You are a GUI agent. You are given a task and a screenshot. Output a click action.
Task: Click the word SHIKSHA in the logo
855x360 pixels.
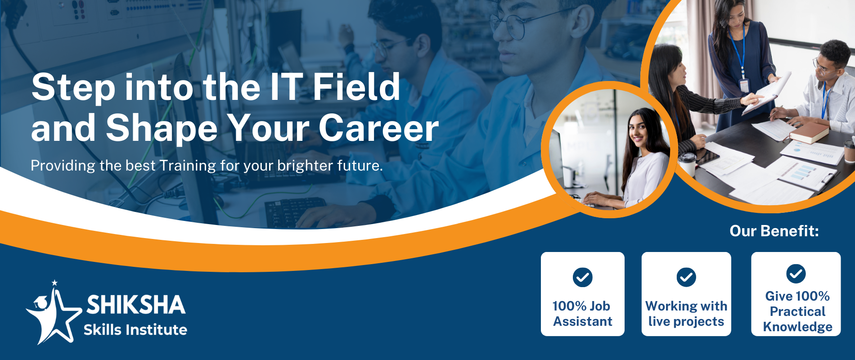point(136,305)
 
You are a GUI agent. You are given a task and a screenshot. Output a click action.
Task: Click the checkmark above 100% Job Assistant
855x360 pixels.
point(583,277)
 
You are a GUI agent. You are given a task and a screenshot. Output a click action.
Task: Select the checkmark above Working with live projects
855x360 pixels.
point(686,277)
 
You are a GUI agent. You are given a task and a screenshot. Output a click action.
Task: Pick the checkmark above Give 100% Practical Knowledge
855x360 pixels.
point(796,274)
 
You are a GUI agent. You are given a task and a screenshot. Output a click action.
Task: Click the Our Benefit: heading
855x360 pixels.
point(774,231)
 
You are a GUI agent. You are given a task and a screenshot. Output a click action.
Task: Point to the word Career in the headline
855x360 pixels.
point(378,128)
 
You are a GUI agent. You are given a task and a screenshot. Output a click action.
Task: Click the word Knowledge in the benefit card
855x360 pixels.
point(797,327)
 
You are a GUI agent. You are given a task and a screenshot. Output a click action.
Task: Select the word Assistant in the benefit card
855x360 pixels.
point(583,321)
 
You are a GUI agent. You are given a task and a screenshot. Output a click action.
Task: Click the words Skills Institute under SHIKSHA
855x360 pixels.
point(135,330)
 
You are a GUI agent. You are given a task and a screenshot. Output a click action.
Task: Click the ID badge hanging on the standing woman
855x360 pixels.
point(744,85)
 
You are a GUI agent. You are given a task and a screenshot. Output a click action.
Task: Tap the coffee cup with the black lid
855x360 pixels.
point(687,164)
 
